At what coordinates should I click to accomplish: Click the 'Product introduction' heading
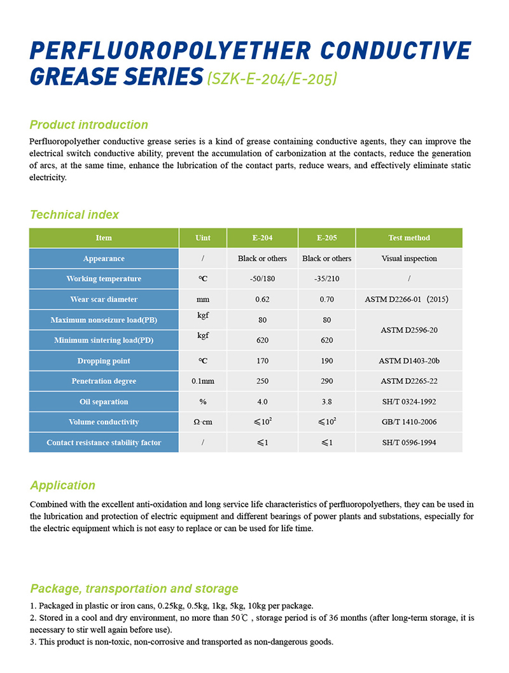(x=89, y=125)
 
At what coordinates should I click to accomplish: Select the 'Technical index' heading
(x=74, y=215)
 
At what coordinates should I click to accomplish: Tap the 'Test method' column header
(x=409, y=238)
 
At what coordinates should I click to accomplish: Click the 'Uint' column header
(x=203, y=238)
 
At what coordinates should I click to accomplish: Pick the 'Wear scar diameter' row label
(x=104, y=299)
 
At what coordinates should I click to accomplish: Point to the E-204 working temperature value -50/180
(x=262, y=279)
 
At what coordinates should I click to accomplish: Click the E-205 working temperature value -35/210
(x=326, y=279)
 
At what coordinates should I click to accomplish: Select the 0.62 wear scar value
(x=262, y=299)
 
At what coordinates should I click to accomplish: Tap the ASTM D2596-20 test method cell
(x=409, y=330)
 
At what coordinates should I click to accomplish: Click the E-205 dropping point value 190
(x=326, y=361)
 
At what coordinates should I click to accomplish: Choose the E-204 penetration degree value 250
(x=262, y=381)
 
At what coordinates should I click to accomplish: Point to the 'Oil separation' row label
(x=104, y=402)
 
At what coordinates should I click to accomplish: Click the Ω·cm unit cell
(x=203, y=422)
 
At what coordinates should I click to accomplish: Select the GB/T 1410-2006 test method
(x=409, y=422)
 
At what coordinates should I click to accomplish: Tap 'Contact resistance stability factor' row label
(x=104, y=443)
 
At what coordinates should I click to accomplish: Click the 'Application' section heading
(x=62, y=485)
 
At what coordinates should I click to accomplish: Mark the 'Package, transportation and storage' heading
(x=134, y=588)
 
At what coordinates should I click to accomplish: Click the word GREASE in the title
(x=74, y=77)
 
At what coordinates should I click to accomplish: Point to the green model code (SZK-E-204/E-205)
(x=272, y=79)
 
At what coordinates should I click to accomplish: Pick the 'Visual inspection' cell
(x=409, y=259)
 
